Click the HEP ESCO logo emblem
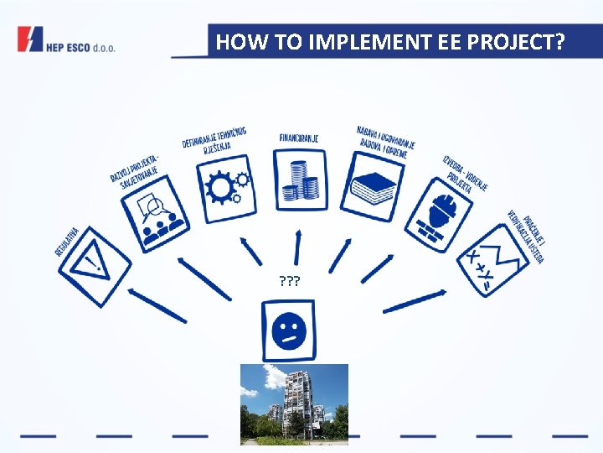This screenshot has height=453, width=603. click(30, 39)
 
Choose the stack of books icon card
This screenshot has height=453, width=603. click(374, 186)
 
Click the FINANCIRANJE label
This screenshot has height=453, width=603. click(299, 137)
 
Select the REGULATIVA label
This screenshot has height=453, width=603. click(68, 241)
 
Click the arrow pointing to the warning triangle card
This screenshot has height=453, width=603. click(157, 306)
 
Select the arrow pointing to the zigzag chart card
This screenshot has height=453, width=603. click(426, 298)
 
